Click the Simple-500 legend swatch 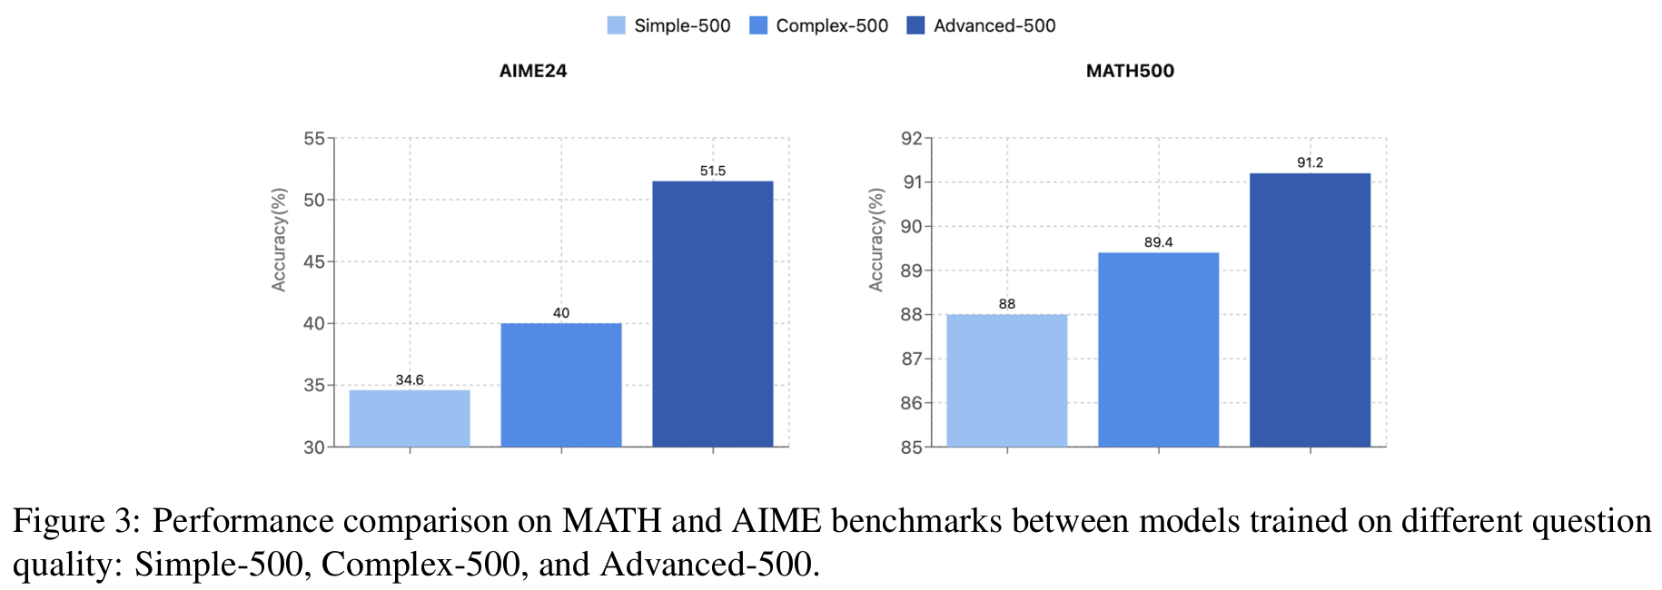coord(616,25)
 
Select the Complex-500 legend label coord(831,25)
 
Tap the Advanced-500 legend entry coord(982,25)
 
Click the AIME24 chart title coord(533,71)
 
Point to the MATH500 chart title coord(1130,71)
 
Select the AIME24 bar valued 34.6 coord(410,418)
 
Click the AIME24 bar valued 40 coord(561,385)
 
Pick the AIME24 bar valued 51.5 coord(713,313)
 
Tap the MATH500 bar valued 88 coord(1007,380)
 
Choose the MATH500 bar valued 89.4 coord(1159,349)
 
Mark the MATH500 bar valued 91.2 coord(1310,310)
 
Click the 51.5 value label coord(713,171)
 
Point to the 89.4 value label coord(1159,242)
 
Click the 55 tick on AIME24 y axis coord(314,139)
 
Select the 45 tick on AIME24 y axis coord(314,262)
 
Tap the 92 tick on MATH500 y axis coord(911,139)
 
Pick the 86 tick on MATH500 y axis coord(911,403)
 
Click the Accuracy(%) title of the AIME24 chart coord(279,240)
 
